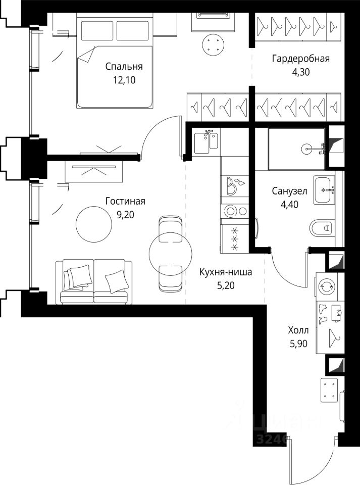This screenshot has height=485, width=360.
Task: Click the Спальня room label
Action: [124, 67]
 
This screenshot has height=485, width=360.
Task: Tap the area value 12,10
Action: [124, 80]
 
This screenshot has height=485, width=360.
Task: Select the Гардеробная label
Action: [300, 59]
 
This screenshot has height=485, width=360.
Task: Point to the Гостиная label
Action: [125, 201]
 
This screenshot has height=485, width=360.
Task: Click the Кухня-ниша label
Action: [226, 272]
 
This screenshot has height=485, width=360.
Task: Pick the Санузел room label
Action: [289, 191]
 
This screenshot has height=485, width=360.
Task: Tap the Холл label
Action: [298, 330]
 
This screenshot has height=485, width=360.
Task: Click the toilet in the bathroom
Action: [322, 228]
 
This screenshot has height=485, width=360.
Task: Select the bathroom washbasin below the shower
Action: [324, 189]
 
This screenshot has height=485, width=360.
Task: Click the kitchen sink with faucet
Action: [207, 141]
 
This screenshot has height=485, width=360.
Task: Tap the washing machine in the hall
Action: [326, 286]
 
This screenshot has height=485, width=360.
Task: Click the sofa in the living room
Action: [94, 281]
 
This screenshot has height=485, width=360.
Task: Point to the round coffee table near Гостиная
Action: [94, 224]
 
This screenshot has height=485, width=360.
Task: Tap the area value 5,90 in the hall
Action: [298, 344]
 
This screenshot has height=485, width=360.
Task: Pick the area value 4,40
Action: [289, 205]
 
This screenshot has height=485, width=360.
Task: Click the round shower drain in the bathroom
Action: [306, 149]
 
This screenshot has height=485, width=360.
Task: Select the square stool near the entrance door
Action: [329, 390]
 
